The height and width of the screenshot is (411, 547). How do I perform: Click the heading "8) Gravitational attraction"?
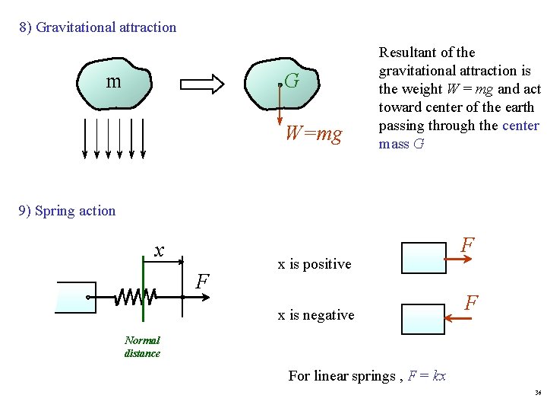point(98,27)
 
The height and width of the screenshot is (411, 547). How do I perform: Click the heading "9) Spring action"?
point(67,211)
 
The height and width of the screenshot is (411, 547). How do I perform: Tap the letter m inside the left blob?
point(113,81)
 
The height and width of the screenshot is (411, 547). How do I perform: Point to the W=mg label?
point(313,135)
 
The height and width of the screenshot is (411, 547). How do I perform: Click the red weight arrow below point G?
point(280,107)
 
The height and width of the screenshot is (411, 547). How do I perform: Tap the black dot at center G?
point(280,85)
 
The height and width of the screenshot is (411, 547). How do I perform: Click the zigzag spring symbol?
point(135,296)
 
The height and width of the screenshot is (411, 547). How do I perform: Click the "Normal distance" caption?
point(142,347)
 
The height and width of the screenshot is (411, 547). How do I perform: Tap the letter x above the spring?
point(159,250)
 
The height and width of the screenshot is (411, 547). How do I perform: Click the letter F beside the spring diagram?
point(202,282)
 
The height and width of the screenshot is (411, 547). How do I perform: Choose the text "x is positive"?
point(315,264)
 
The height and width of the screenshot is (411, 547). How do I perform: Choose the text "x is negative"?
point(316,315)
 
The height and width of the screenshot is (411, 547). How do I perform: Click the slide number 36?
point(538,393)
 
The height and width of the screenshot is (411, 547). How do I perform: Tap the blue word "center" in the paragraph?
point(520,126)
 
